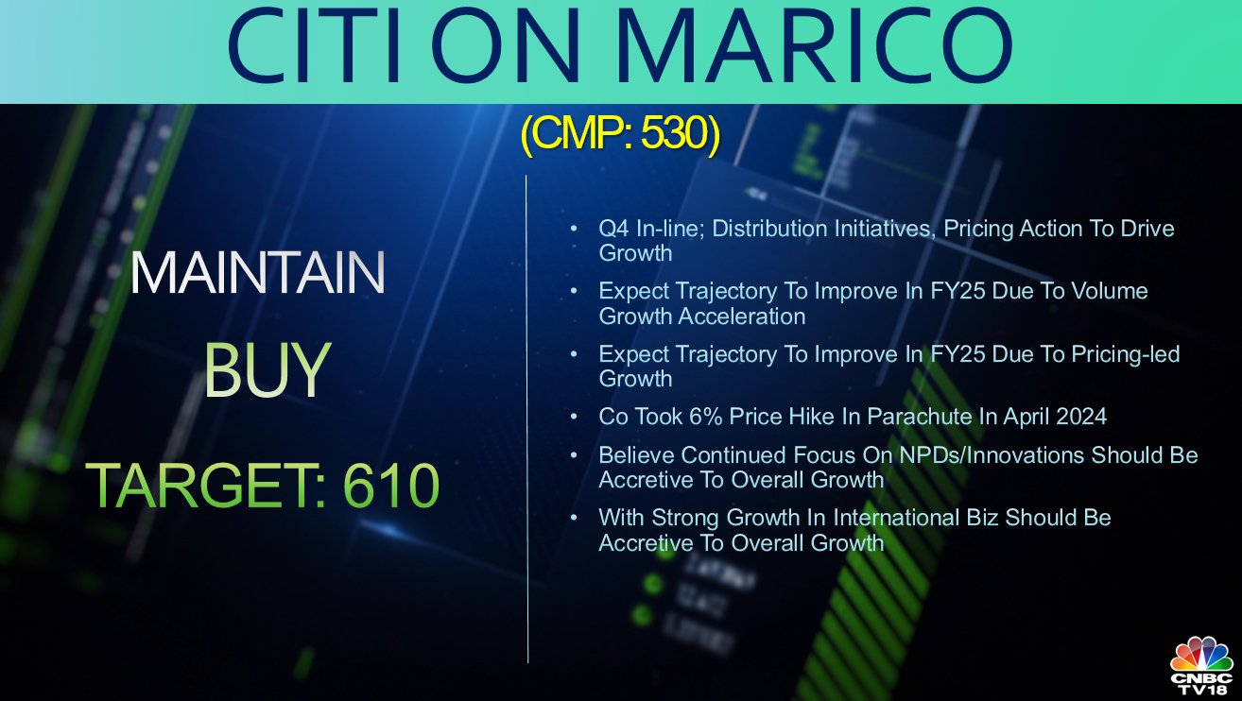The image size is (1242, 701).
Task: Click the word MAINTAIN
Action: click(x=258, y=272)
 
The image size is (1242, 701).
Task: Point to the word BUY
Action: click(x=267, y=369)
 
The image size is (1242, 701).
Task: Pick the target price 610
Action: click(x=391, y=485)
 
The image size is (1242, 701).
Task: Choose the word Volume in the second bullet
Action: click(x=1109, y=291)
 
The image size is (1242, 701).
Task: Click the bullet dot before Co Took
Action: click(x=574, y=417)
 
